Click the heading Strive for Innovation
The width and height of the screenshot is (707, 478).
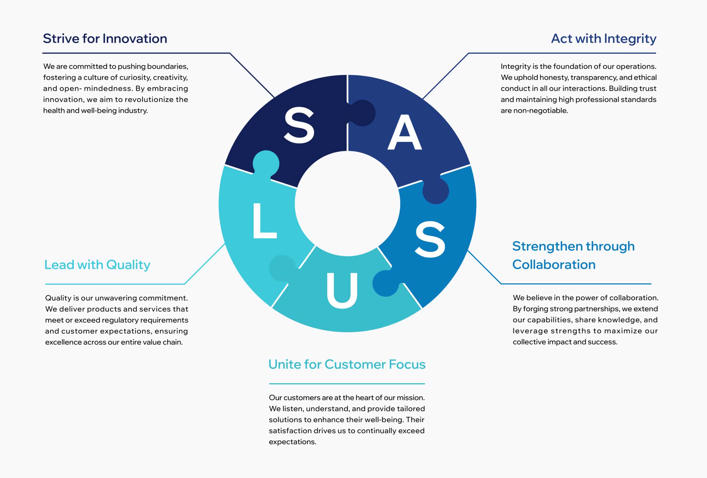click(105, 39)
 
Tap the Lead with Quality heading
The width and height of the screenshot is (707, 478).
click(97, 265)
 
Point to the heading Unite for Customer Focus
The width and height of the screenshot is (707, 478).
click(347, 364)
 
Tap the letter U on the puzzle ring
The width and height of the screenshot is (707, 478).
click(342, 290)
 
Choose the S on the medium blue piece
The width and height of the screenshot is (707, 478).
click(430, 239)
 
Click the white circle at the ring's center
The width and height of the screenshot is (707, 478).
click(347, 204)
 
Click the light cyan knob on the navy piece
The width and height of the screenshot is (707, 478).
click(266, 164)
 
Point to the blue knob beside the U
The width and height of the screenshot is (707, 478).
click(386, 283)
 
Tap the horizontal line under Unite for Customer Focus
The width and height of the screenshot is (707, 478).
click(347, 384)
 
